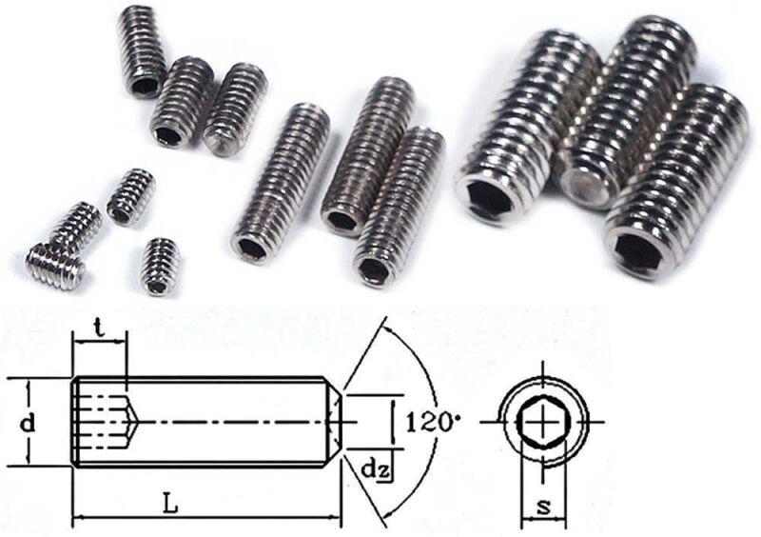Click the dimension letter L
[x=170, y=507]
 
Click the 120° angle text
[x=425, y=420]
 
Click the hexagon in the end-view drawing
[x=542, y=420]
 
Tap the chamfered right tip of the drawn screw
[x=335, y=420]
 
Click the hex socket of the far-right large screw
[x=640, y=251]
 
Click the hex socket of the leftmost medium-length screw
[x=251, y=249]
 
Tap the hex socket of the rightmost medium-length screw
[x=374, y=270]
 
